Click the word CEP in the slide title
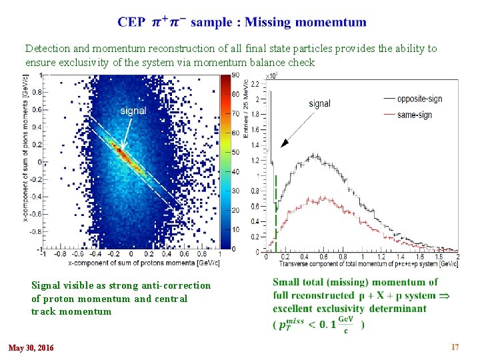click(x=131, y=22)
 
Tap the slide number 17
click(x=455, y=347)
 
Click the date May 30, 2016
click(x=31, y=347)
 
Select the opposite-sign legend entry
click(x=418, y=99)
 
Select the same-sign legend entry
click(x=413, y=115)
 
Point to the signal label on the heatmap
click(x=133, y=111)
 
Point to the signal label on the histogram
click(x=319, y=103)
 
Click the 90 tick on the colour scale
click(x=235, y=75)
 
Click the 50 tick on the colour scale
click(x=235, y=152)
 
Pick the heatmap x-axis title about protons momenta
click(x=130, y=262)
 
